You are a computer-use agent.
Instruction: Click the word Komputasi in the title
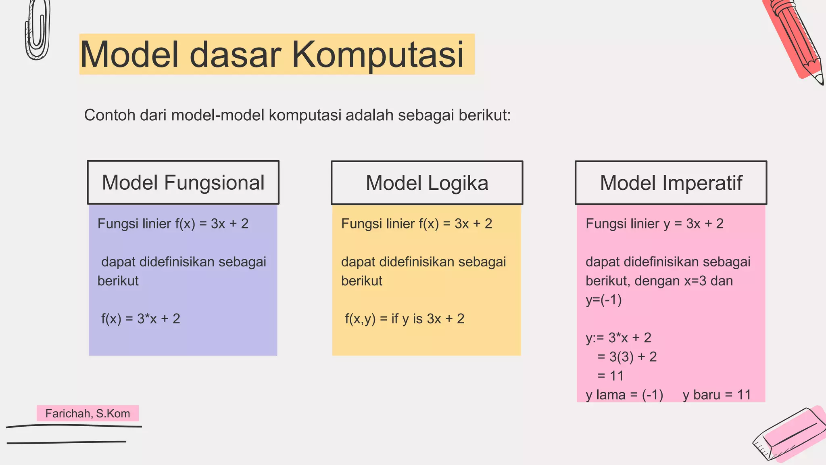[x=378, y=54]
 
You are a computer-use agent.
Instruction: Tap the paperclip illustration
[x=38, y=30]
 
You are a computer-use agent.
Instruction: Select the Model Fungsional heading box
[x=183, y=182]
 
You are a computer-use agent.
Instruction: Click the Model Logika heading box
[x=427, y=183]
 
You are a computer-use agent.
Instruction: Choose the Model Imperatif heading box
[x=671, y=183]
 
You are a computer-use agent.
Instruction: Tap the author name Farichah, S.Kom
[x=88, y=413]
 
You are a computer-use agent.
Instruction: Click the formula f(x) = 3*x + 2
[x=140, y=319]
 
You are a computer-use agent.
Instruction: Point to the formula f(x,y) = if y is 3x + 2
[x=405, y=319]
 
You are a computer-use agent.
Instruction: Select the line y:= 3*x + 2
[x=618, y=337]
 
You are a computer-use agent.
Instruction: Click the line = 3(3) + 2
[x=627, y=357]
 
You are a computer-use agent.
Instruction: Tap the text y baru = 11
[x=716, y=395]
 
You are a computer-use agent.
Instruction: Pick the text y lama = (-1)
[x=624, y=395]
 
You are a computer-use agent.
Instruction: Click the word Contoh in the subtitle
[x=109, y=115]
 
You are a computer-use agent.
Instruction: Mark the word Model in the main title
[x=129, y=54]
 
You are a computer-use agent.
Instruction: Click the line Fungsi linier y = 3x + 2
[x=654, y=224]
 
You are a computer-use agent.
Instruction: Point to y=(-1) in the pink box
[x=603, y=300]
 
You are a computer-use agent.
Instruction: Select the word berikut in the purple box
[x=118, y=281]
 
